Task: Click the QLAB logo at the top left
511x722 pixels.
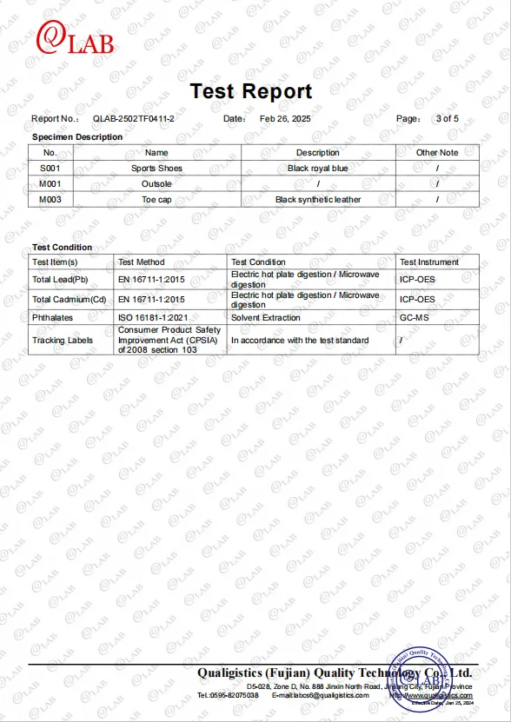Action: tap(74, 39)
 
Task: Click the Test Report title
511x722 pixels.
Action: tap(250, 91)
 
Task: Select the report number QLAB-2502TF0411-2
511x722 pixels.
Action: tap(134, 118)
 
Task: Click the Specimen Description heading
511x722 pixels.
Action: tap(77, 136)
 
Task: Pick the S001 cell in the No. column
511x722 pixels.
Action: tap(50, 169)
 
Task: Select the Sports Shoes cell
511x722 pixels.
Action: tap(156, 169)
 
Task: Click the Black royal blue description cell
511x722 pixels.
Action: tap(318, 169)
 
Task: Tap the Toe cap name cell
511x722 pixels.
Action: tap(156, 200)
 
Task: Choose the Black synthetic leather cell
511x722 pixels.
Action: tap(318, 200)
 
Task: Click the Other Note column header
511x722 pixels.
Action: tap(437, 153)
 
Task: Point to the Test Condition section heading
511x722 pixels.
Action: tap(62, 248)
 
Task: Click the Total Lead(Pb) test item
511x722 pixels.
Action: tap(60, 279)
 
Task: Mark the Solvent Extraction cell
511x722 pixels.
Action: tap(265, 317)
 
